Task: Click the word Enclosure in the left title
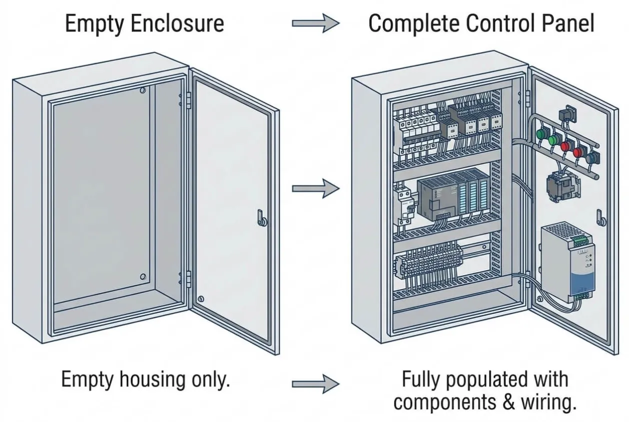[x=177, y=23]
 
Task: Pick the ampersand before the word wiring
[x=509, y=402]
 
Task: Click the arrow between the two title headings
[x=316, y=23]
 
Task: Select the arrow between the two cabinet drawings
[x=316, y=189]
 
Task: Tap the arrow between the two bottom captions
[x=316, y=384]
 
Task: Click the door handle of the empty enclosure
[x=262, y=218]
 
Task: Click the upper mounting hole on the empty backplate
[x=143, y=90]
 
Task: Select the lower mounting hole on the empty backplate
[x=143, y=277]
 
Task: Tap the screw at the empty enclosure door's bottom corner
[x=201, y=299]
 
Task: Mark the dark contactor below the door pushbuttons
[x=563, y=186]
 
